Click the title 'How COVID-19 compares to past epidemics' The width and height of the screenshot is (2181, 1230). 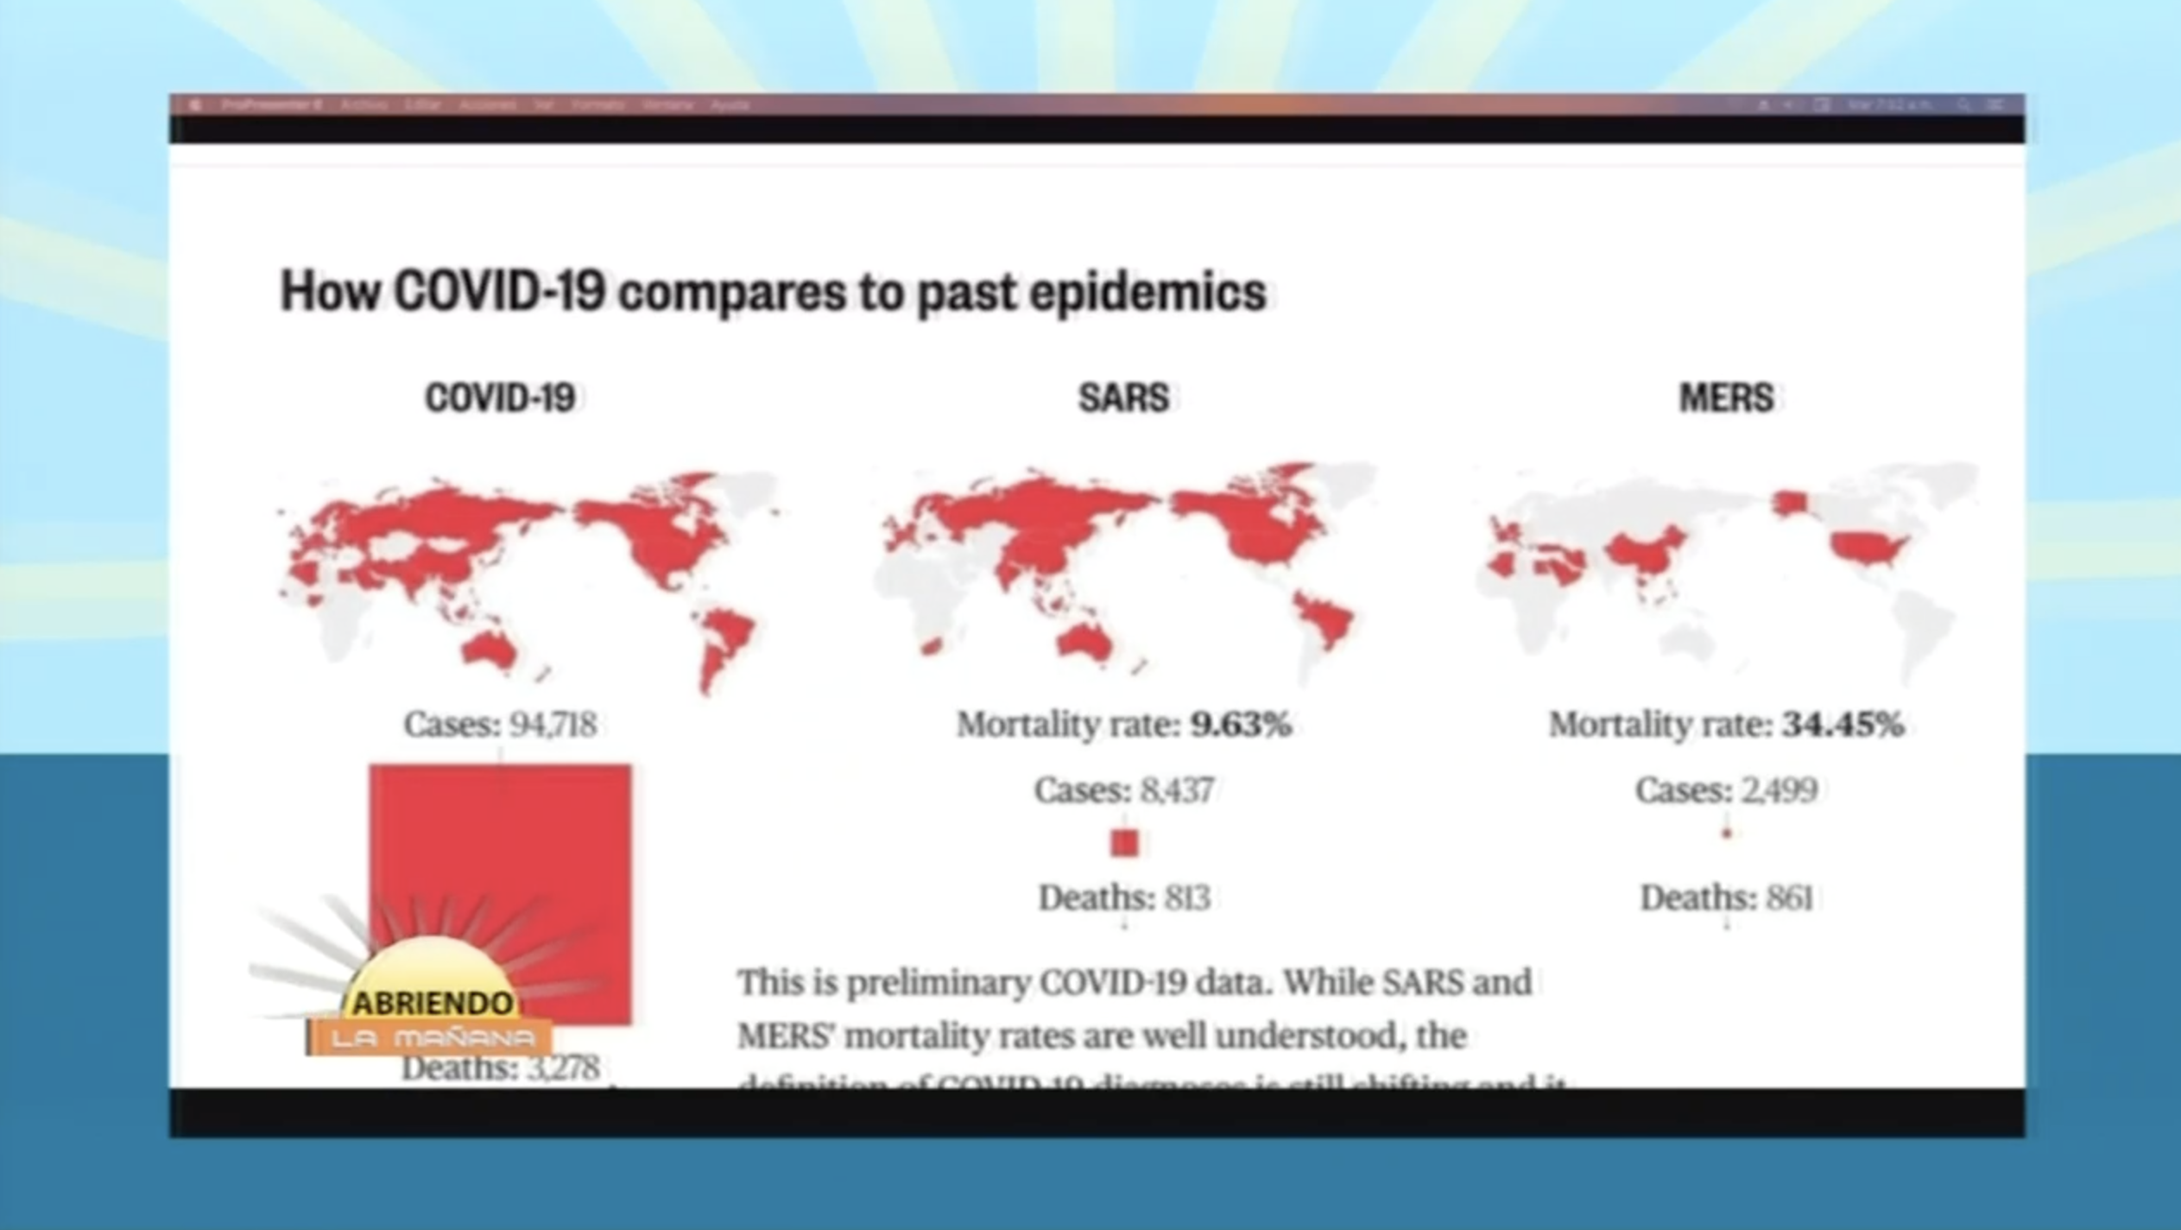pyautogui.click(x=773, y=291)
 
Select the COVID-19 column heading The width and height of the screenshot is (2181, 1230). pyautogui.click(x=500, y=398)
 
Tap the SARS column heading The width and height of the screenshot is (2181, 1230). pyautogui.click(x=1123, y=398)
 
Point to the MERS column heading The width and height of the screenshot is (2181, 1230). pyautogui.click(x=1726, y=398)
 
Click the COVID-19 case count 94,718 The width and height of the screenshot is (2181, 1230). pyautogui.click(x=553, y=724)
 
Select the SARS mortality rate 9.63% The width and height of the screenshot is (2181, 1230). pyautogui.click(x=1240, y=724)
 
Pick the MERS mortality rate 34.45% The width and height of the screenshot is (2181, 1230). pyautogui.click(x=1843, y=724)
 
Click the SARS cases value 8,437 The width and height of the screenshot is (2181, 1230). pyautogui.click(x=1177, y=789)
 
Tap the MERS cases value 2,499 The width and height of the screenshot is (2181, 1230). pyautogui.click(x=1780, y=789)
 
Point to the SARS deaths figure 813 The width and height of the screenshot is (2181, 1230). pyautogui.click(x=1186, y=898)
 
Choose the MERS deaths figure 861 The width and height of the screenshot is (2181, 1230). pyautogui.click(x=1788, y=898)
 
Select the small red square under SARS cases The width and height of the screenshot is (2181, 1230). pyautogui.click(x=1124, y=842)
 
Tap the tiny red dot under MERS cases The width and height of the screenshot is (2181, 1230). pyautogui.click(x=1726, y=834)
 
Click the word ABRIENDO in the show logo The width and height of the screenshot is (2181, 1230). pyautogui.click(x=433, y=1003)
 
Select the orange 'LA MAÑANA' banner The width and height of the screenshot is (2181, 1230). pyautogui.click(x=432, y=1037)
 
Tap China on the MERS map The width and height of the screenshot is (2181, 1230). pyautogui.click(x=1645, y=553)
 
